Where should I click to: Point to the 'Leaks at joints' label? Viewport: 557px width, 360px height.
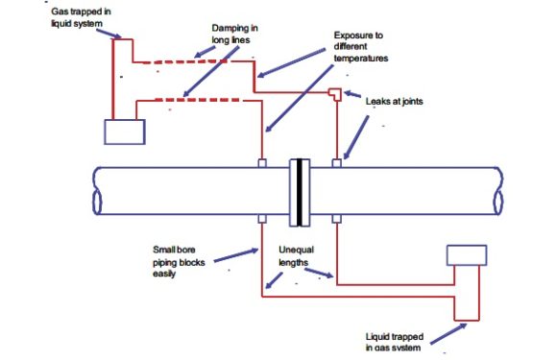395,99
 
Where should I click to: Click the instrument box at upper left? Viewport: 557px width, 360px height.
123,131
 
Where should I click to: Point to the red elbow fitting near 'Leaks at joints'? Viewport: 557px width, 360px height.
334,93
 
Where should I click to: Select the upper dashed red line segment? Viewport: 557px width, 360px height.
192,63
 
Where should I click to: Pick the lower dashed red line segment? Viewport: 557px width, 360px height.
192,98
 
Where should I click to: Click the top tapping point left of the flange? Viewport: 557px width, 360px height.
262,163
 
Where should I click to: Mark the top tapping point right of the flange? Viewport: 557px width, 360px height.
335,163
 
